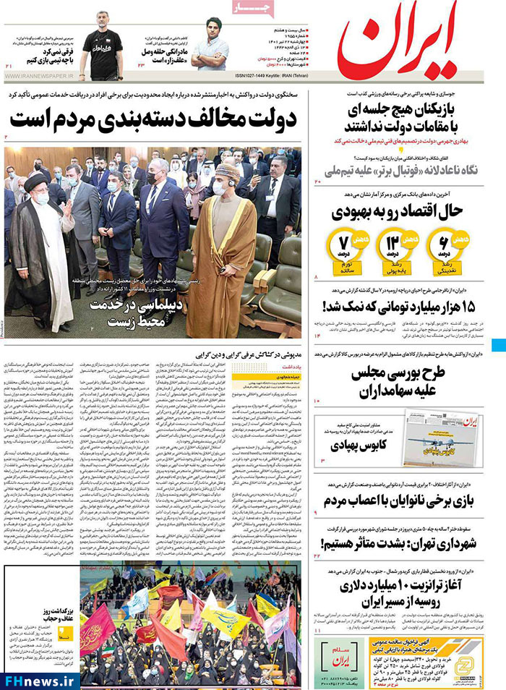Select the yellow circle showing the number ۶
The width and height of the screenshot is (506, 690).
[442, 244]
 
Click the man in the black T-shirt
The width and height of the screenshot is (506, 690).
[100, 51]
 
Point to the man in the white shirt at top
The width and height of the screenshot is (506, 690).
[210, 47]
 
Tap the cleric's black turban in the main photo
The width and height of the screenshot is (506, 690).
[35, 184]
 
